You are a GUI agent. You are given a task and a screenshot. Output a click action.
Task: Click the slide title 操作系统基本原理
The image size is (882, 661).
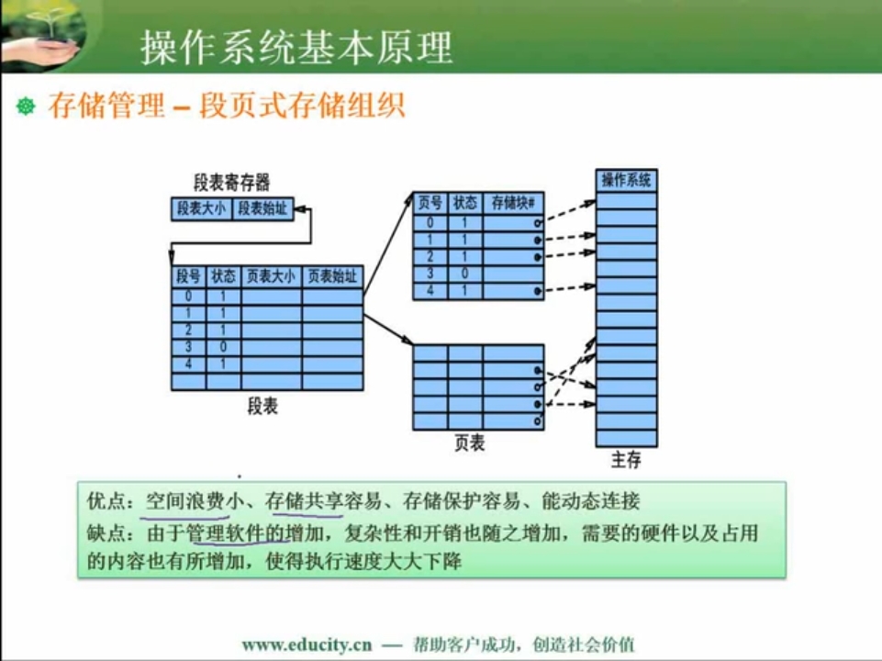coord(296,47)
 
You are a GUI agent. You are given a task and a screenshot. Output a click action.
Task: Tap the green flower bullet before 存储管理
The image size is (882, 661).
coord(26,106)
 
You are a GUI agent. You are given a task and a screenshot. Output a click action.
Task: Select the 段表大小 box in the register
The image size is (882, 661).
coord(201,208)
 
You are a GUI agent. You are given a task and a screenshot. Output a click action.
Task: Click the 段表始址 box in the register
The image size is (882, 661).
coord(262,208)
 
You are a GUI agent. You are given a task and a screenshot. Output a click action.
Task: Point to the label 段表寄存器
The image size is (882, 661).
coord(232,182)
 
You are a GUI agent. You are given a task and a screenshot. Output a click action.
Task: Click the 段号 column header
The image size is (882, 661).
coord(188,276)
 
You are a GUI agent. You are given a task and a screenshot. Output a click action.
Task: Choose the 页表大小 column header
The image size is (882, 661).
coord(271,276)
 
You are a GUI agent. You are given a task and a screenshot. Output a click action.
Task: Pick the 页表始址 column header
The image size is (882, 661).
coord(332,276)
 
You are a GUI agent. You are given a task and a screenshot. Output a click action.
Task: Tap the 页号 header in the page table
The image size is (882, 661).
coord(430,203)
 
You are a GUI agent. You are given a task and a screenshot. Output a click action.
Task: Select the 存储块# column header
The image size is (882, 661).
coord(513,203)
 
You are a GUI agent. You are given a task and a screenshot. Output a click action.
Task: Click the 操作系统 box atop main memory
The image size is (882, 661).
coord(626,181)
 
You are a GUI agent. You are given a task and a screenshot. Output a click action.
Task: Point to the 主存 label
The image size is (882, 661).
coord(626,460)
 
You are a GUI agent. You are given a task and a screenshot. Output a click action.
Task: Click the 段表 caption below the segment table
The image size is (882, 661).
coord(262,406)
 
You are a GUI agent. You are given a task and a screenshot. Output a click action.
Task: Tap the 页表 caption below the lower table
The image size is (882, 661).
coord(470,443)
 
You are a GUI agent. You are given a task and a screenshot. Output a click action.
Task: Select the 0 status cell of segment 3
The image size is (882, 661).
coord(223,347)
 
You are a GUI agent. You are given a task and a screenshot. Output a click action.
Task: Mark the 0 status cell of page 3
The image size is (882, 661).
coord(464,274)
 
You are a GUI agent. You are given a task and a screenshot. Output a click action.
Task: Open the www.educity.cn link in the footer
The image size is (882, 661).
coord(307,644)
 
